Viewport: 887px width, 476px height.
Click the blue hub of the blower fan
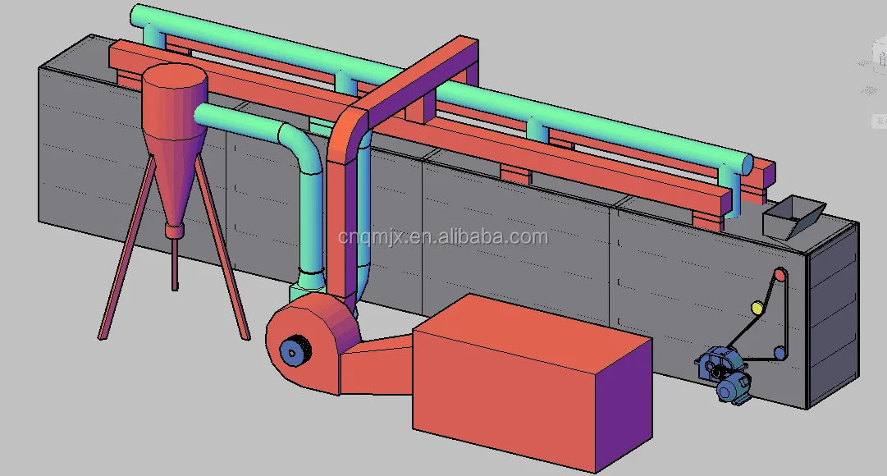(290, 352)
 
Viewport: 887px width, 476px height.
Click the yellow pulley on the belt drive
(757, 309)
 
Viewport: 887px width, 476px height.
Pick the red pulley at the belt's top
(779, 276)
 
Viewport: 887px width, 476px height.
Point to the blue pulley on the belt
(780, 353)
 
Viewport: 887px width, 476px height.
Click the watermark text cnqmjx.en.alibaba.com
(443, 237)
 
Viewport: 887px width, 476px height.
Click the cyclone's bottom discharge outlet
(172, 232)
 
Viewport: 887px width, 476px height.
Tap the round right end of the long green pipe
(746, 163)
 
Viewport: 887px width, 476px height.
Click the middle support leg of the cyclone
(174, 263)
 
